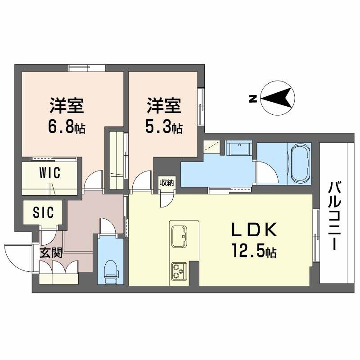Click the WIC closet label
pos(50,173)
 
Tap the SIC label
pos(43,212)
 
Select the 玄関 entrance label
pos(51,253)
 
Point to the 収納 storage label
pos(167,183)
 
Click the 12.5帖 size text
pos(254,251)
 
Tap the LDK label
pos(254,230)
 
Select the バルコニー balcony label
pos(334,216)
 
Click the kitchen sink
pos(179,237)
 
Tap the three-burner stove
pos(179,271)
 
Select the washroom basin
pos(239,148)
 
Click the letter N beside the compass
pos(252,99)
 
